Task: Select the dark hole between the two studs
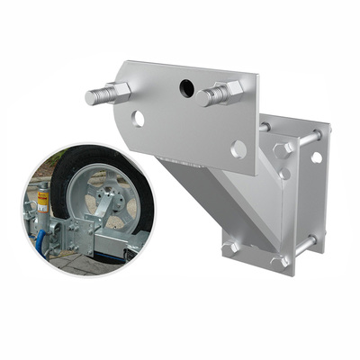coord(186,87)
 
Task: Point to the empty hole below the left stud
coord(137,118)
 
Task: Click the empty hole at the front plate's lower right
coord(238,148)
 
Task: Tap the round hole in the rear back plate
coord(316,157)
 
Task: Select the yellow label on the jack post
coord(42,196)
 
